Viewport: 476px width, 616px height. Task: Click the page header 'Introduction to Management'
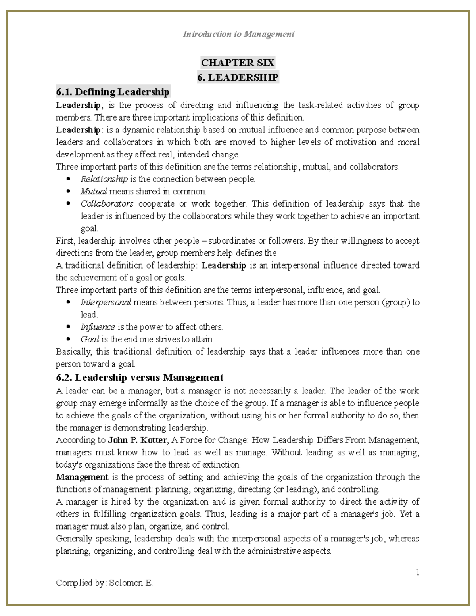point(238,34)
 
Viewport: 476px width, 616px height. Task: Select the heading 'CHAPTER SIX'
point(238,63)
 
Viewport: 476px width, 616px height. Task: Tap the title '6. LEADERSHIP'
point(238,77)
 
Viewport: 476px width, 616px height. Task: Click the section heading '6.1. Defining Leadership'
point(113,92)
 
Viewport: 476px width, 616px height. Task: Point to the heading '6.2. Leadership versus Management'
point(140,377)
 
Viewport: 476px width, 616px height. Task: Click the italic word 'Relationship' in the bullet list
point(104,179)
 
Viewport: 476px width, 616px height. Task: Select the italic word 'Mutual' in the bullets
point(94,192)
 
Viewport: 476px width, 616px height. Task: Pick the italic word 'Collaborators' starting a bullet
point(107,204)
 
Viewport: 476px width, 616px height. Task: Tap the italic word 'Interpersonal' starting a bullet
point(106,302)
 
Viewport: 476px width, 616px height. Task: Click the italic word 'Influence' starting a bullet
point(98,327)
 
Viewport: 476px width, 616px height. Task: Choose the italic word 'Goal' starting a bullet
point(90,340)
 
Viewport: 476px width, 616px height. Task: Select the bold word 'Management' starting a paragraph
point(82,477)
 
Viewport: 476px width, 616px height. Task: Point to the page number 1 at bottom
point(418,572)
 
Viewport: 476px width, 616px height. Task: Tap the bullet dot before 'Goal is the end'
point(69,340)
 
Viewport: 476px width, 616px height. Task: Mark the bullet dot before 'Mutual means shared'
point(69,192)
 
